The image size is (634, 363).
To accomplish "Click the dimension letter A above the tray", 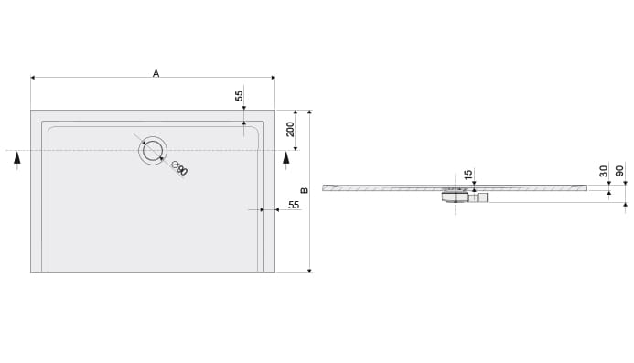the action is (x=156, y=73).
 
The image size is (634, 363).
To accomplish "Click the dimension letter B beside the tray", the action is (x=305, y=190).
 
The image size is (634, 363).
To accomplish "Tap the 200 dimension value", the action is (x=290, y=129).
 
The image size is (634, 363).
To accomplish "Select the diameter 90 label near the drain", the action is (x=179, y=167).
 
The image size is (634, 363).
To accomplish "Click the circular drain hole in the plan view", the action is (x=153, y=150).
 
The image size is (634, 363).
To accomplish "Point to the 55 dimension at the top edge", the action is (x=239, y=96).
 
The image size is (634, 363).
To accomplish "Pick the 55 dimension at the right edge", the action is (x=294, y=205).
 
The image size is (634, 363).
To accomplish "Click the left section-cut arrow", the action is (x=17, y=160).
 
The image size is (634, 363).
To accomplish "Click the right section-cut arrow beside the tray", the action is (x=286, y=160).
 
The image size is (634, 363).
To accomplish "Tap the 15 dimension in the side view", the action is (x=468, y=175).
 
